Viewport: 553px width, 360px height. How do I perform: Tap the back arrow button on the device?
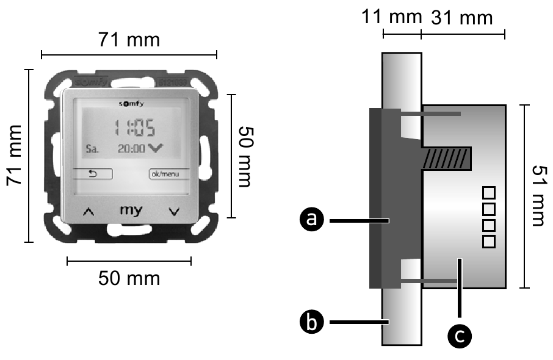(x=93, y=174)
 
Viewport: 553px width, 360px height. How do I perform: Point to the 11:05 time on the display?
(x=135, y=128)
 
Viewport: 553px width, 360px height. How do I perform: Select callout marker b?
(x=312, y=322)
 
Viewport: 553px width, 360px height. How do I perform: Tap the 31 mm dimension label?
(x=461, y=18)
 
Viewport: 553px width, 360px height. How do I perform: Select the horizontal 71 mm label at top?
(x=129, y=41)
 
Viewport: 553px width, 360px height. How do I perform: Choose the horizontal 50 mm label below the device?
(x=129, y=278)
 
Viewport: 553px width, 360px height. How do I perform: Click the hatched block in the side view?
(x=447, y=158)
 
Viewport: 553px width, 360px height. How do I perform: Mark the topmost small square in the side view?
(x=488, y=194)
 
